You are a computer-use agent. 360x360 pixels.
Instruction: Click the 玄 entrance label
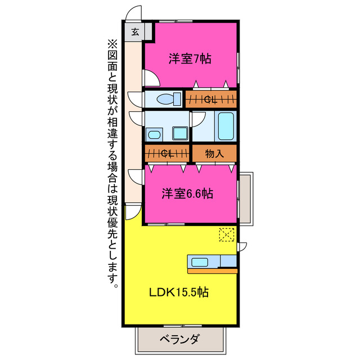click(x=136, y=31)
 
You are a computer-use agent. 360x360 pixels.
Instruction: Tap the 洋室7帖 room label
click(x=190, y=59)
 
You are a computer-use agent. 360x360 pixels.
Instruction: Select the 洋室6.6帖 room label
click(x=187, y=193)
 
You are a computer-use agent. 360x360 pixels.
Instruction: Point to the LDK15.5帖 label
click(x=179, y=292)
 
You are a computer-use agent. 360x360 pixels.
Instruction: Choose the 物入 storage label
click(x=214, y=153)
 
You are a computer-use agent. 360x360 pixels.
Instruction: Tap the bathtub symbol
click(x=226, y=127)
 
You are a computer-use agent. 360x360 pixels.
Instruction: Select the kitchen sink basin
click(x=200, y=262)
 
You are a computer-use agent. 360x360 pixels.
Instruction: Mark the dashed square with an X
click(x=227, y=235)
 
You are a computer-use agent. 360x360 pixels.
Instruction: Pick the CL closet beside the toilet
click(x=211, y=100)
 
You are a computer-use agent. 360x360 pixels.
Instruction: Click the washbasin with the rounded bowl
click(x=153, y=134)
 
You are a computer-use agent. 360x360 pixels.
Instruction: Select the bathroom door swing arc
click(x=197, y=119)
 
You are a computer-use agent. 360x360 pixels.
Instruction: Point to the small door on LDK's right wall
click(x=242, y=246)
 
